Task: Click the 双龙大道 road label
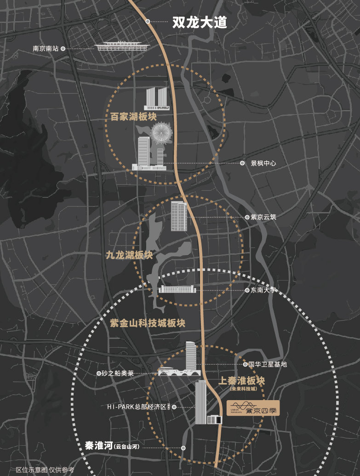(200, 22)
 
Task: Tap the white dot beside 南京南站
(63, 48)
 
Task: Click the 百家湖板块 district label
(131, 116)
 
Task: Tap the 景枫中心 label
(263, 163)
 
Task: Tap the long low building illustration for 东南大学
(177, 289)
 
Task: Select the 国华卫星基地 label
(268, 364)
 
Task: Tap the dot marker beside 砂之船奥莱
(99, 373)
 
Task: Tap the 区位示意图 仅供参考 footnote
(45, 470)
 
